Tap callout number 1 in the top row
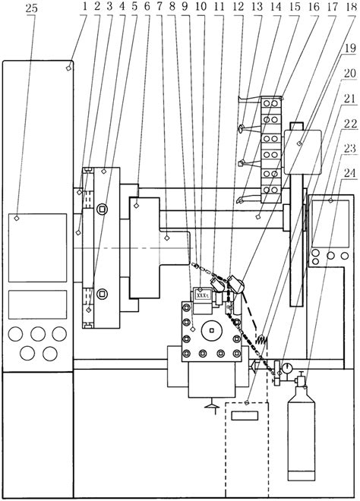coord(87,8)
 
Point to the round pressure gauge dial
coord(286,370)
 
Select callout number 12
coord(238,8)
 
